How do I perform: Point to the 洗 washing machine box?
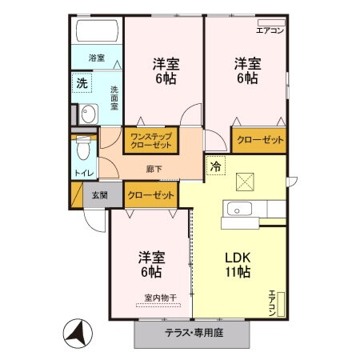[x=82, y=82]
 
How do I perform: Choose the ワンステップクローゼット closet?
[x=151, y=140]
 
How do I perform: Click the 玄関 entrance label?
[x=99, y=194]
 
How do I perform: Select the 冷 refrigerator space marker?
[x=214, y=166]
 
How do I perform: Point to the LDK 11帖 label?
[x=237, y=265]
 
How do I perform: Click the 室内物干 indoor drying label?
[x=160, y=298]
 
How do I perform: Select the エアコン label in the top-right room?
[x=269, y=30]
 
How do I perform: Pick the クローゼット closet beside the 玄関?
[x=150, y=194]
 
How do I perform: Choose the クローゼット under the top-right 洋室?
[x=260, y=140]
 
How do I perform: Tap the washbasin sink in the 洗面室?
[x=89, y=114]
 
